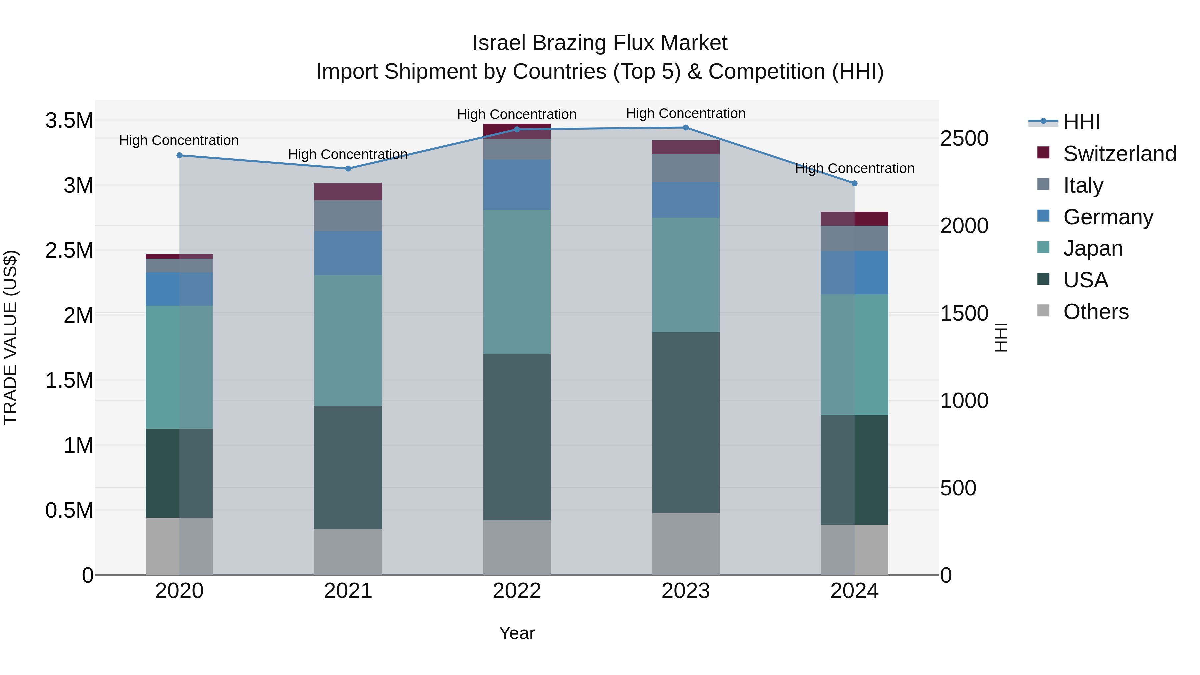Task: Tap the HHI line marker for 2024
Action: pos(854,184)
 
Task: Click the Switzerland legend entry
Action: pos(1119,154)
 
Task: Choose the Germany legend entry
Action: pos(1108,217)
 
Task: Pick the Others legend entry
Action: pos(1096,312)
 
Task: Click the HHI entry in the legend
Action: pos(1082,122)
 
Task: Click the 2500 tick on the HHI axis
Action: pos(964,139)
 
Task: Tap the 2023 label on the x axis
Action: pos(685,591)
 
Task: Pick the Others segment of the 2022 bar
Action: pos(517,547)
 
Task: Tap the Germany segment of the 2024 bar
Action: pos(854,273)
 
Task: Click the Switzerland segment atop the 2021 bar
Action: pos(348,192)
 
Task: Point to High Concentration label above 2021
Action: pos(348,154)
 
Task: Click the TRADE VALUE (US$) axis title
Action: pos(11,337)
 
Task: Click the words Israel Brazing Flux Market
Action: pos(600,43)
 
